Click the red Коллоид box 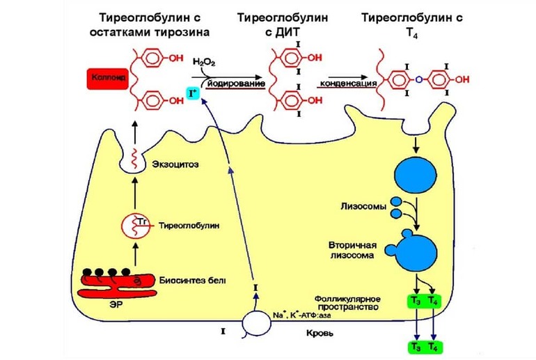pyautogui.click(x=107, y=79)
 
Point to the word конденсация pyautogui.click(x=345, y=84)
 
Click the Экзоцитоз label pyautogui.click(x=170, y=164)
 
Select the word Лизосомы pyautogui.click(x=361, y=207)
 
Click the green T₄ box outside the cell pyautogui.click(x=434, y=346)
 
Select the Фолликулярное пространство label pyautogui.click(x=346, y=302)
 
